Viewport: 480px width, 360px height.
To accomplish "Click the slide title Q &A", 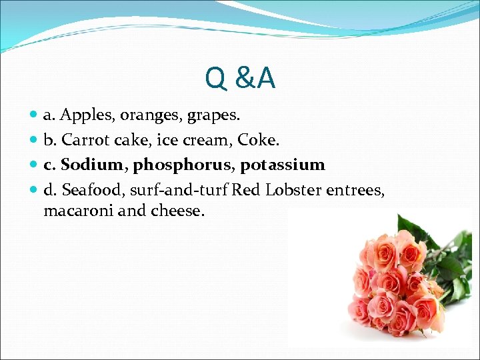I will tap(240, 79).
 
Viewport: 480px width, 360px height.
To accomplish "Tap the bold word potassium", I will tap(282, 165).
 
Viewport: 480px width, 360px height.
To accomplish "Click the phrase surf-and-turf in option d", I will tap(179, 190).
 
